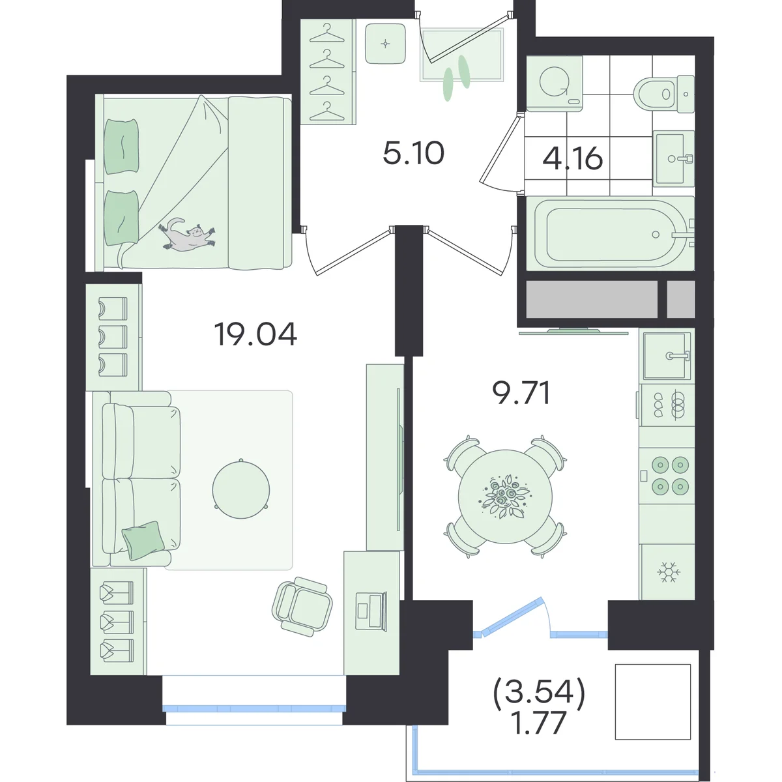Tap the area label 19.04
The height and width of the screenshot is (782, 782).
coord(255,334)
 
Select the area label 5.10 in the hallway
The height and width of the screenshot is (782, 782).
coord(414,153)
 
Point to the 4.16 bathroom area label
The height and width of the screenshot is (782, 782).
coord(573,158)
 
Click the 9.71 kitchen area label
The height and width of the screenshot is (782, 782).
coord(521,392)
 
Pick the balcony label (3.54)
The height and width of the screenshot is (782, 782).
coord(539,692)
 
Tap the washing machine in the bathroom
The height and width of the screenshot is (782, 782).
coord(555,83)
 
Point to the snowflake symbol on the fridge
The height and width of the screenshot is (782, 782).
coord(669,572)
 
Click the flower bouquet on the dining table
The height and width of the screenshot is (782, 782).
coord(505,497)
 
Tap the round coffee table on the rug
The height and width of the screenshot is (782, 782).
coord(240,489)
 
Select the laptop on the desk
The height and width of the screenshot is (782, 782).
coord(371,611)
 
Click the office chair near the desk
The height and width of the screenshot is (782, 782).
coord(302,606)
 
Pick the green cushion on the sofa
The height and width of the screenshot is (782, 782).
coord(143,540)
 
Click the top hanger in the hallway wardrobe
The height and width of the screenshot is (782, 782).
coord(326,33)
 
